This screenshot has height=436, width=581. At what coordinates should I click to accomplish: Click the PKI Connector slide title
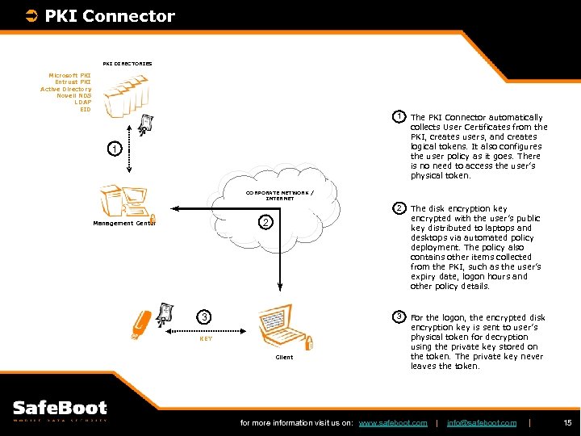coord(109,16)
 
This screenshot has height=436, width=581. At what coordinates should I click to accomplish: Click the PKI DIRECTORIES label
coord(127,63)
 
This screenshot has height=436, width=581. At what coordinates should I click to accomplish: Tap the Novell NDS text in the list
coord(73,95)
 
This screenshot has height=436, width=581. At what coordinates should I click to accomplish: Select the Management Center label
coord(124,223)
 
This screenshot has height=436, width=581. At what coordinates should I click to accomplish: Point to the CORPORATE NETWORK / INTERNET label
coord(280,195)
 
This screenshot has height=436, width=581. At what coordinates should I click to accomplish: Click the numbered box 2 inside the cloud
coord(266,222)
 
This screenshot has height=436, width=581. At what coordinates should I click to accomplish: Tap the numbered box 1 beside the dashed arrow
coord(116,149)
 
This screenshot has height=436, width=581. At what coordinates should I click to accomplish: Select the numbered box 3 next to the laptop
coord(205,317)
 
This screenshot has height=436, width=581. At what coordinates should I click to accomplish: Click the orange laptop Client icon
coord(283,327)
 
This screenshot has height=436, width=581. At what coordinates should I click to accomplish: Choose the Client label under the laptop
coord(284,356)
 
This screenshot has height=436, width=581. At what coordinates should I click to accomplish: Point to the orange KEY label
coord(206,339)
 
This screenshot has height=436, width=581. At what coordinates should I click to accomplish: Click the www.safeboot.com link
coord(392,423)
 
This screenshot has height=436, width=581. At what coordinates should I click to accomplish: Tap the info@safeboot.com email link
coord(481,423)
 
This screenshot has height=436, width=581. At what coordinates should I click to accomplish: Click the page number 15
coord(566,423)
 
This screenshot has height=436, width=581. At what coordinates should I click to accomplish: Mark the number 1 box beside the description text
coord(399,117)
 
